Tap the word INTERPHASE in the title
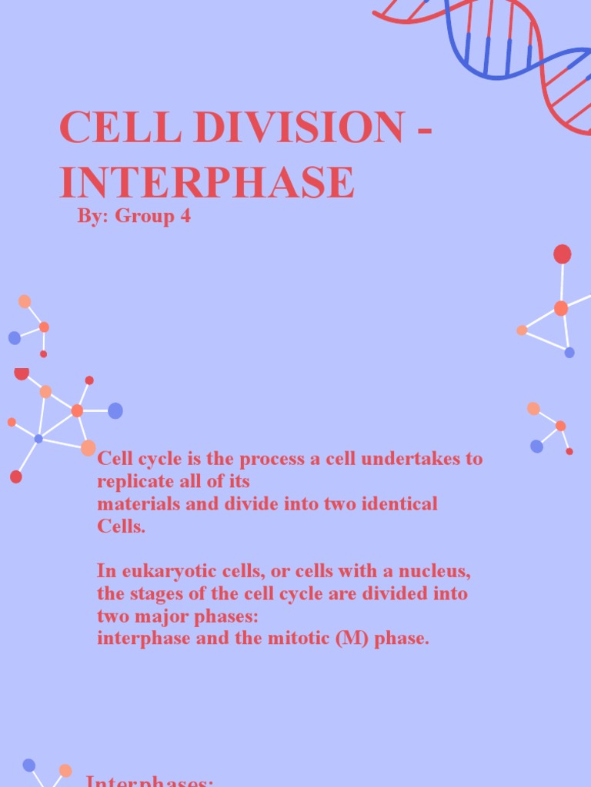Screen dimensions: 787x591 207,182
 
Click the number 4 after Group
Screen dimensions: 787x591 185,216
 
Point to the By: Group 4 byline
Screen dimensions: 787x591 134,216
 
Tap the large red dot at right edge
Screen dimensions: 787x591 563,254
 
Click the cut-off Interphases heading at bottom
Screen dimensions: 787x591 149,781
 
